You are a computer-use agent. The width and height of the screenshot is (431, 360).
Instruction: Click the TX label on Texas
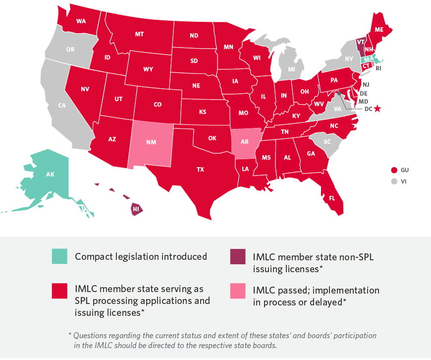click(x=200, y=169)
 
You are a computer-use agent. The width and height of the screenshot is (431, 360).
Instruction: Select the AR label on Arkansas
click(x=245, y=142)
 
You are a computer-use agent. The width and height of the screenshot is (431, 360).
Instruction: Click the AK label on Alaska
click(x=50, y=175)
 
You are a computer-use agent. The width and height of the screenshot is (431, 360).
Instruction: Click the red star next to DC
click(x=377, y=109)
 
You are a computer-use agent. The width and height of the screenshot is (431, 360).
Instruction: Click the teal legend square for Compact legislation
click(x=59, y=256)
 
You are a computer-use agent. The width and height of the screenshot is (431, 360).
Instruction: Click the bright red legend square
click(x=59, y=291)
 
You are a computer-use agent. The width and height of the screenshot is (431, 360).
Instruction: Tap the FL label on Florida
click(x=331, y=198)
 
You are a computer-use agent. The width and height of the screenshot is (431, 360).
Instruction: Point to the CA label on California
click(x=62, y=106)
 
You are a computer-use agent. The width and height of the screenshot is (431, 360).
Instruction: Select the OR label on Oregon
click(x=70, y=50)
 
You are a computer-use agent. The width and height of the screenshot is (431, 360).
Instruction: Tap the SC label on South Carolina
click(x=327, y=141)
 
